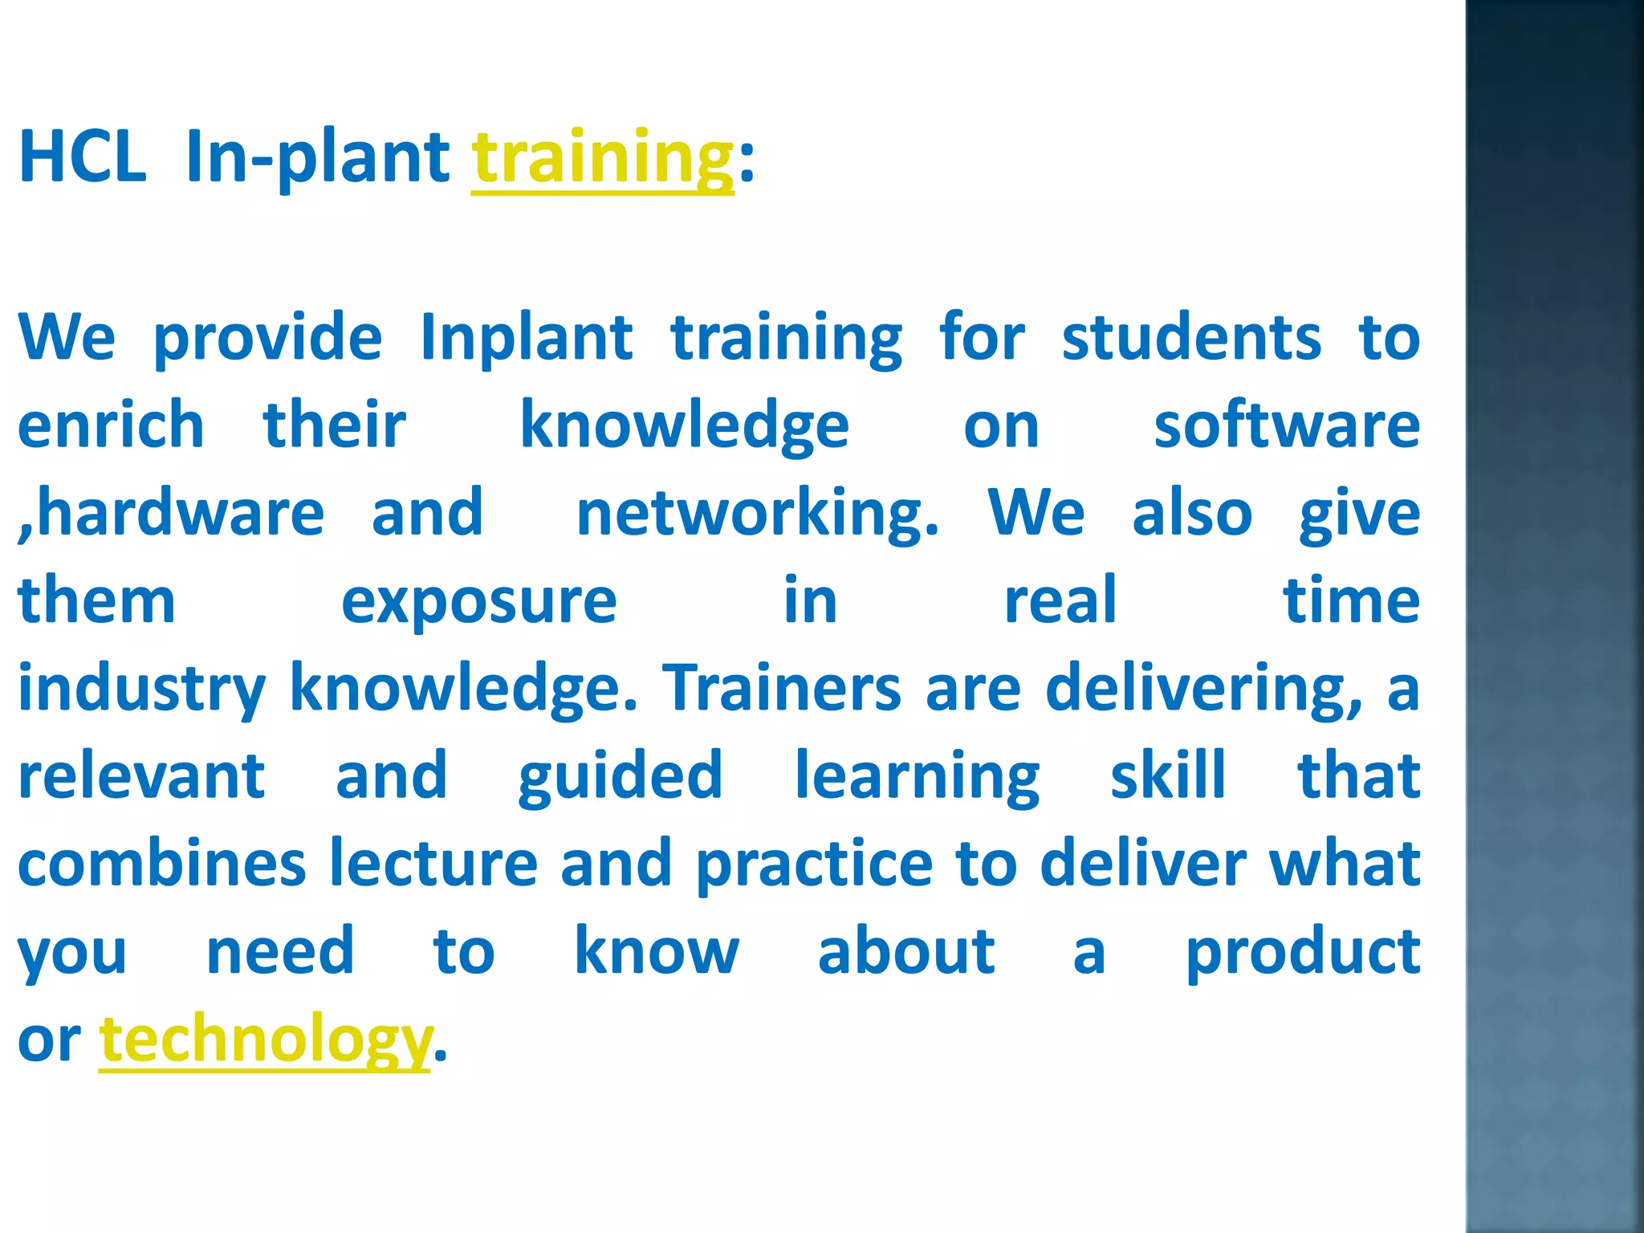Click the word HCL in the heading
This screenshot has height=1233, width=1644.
click(x=82, y=157)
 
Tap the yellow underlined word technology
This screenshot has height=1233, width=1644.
click(x=265, y=1040)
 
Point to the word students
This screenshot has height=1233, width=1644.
click(x=1191, y=337)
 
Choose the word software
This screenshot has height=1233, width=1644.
click(x=1287, y=425)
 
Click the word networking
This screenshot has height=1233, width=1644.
click(x=756, y=514)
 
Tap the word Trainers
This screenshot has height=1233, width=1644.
click(x=781, y=689)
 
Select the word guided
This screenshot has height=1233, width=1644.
click(x=621, y=777)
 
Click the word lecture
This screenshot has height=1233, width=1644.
click(x=433, y=864)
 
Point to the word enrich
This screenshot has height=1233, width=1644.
click(x=111, y=425)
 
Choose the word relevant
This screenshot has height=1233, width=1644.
click(x=141, y=777)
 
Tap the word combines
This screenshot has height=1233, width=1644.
click(x=162, y=864)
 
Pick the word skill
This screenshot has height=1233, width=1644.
click(x=1168, y=775)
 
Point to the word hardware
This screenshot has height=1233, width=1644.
click(x=181, y=514)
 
